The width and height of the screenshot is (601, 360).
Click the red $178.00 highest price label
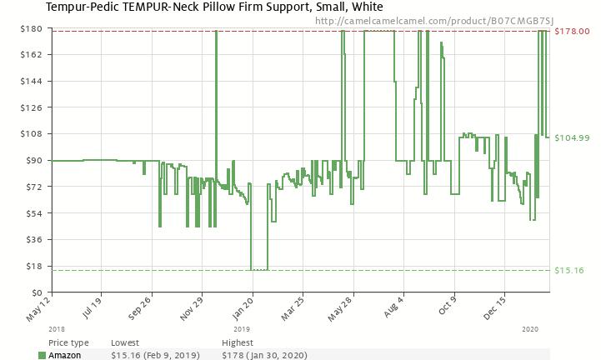click(x=572, y=32)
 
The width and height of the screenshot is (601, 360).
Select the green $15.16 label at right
click(x=569, y=270)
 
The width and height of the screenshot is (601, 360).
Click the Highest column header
click(x=238, y=342)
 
